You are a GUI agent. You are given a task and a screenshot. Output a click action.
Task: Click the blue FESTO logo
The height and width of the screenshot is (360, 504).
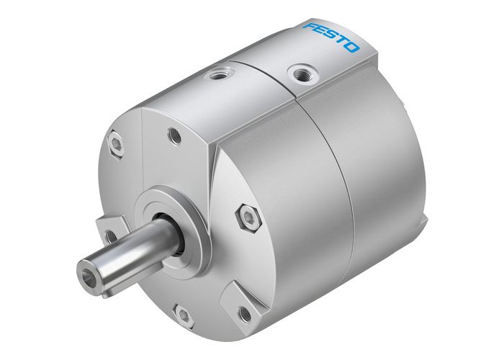tap(332, 37)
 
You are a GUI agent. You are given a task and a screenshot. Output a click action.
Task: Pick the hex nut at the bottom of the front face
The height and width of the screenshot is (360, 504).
tap(184, 315)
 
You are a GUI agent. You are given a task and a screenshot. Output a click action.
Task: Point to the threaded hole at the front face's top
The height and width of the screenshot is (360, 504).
tap(174, 132)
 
